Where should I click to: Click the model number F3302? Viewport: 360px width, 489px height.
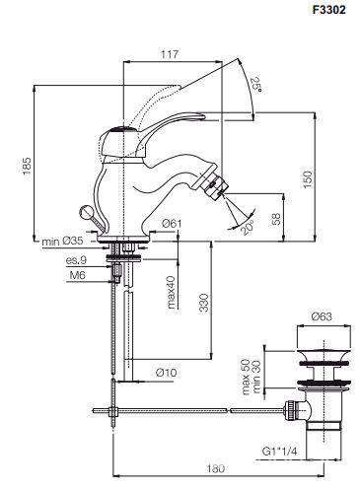click(x=328, y=10)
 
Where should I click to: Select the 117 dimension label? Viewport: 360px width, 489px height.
click(x=170, y=54)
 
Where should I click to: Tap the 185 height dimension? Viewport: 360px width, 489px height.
click(x=28, y=165)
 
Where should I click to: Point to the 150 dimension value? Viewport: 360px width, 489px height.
click(x=307, y=179)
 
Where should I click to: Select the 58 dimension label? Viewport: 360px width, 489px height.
click(x=276, y=219)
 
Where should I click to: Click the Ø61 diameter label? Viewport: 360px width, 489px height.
click(x=172, y=224)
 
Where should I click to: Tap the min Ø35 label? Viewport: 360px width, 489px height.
click(x=62, y=242)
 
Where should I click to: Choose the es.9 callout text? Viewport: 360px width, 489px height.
click(x=76, y=260)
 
